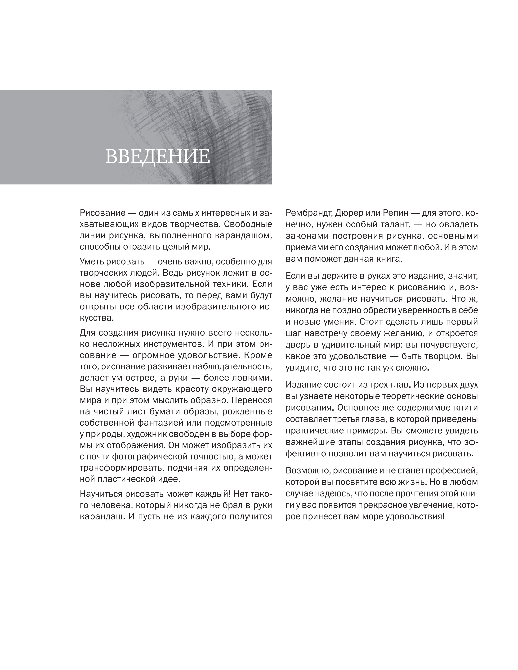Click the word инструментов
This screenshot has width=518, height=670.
click(166, 344)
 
